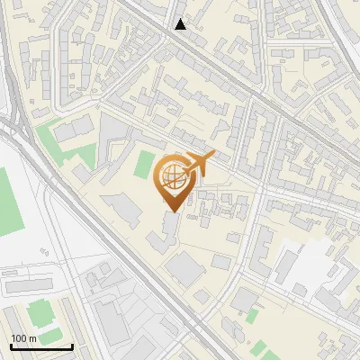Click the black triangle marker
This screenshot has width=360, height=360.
coord(181,24)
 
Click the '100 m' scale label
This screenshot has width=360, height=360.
coord(23,338)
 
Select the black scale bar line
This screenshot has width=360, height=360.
coord(40,346)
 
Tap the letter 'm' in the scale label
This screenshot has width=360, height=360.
coord(32,338)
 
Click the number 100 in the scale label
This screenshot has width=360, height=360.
coord(19,338)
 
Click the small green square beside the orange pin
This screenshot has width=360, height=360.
coord(144,165)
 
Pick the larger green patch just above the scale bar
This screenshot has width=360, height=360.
coord(40,313)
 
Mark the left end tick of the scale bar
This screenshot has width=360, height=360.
coord(10,345)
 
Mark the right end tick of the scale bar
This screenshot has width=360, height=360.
coord(72,345)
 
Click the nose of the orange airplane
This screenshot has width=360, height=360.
coord(213,156)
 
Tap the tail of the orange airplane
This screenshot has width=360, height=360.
coord(187,171)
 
